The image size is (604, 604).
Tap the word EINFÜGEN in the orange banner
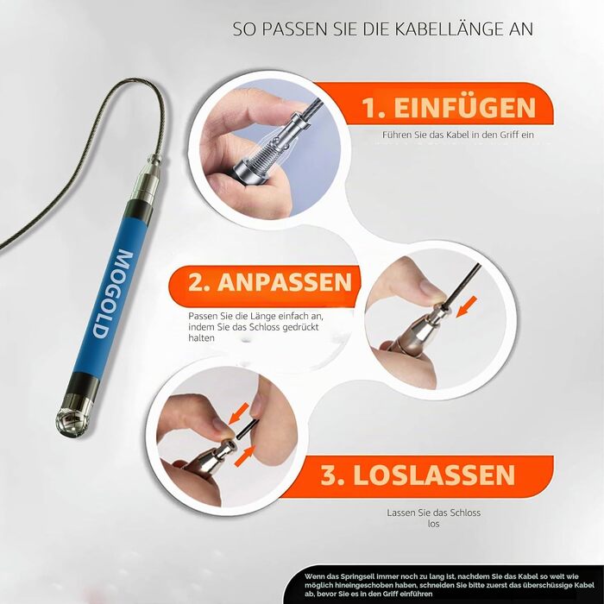pos(464,108)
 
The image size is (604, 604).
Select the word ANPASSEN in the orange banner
pos(285,282)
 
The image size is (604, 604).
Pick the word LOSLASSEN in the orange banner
pos(434,475)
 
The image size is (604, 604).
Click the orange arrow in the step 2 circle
pos(467,306)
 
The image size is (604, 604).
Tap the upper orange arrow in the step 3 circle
pos(239,412)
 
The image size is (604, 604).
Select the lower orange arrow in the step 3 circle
pos(245,455)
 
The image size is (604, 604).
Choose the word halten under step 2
pos(201,338)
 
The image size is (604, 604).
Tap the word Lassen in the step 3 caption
pos(401,513)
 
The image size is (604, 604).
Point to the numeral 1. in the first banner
pos(374,108)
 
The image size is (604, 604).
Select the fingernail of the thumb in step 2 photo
pos(431,287)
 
